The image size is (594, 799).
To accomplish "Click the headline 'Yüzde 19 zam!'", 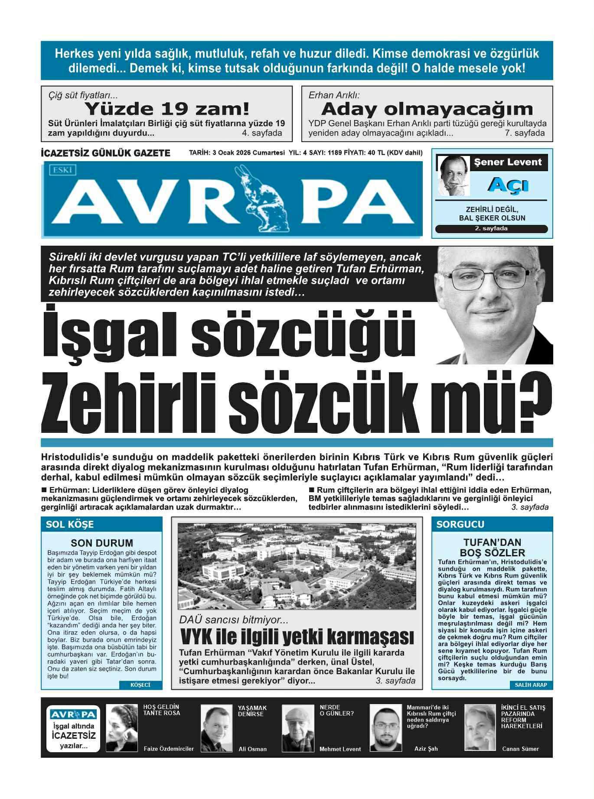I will (x=167, y=108).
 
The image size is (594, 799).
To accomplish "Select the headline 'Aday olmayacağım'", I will (x=427, y=108).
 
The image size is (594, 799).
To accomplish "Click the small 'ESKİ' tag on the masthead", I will (x=62, y=170).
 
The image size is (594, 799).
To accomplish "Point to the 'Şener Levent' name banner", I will (x=508, y=162).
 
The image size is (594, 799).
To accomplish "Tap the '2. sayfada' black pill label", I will (x=491, y=229).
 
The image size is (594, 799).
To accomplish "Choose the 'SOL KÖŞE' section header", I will (x=70, y=524).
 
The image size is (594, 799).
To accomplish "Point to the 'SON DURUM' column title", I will (x=102, y=543).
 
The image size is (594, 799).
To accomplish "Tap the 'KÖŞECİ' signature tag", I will (x=140, y=685).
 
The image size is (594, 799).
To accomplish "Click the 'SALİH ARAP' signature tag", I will (x=531, y=685).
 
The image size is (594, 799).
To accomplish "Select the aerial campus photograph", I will (x=297, y=566).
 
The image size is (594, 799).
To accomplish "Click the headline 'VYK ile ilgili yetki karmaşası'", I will (x=297, y=637).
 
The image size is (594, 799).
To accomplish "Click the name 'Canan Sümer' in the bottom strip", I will (x=520, y=749).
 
